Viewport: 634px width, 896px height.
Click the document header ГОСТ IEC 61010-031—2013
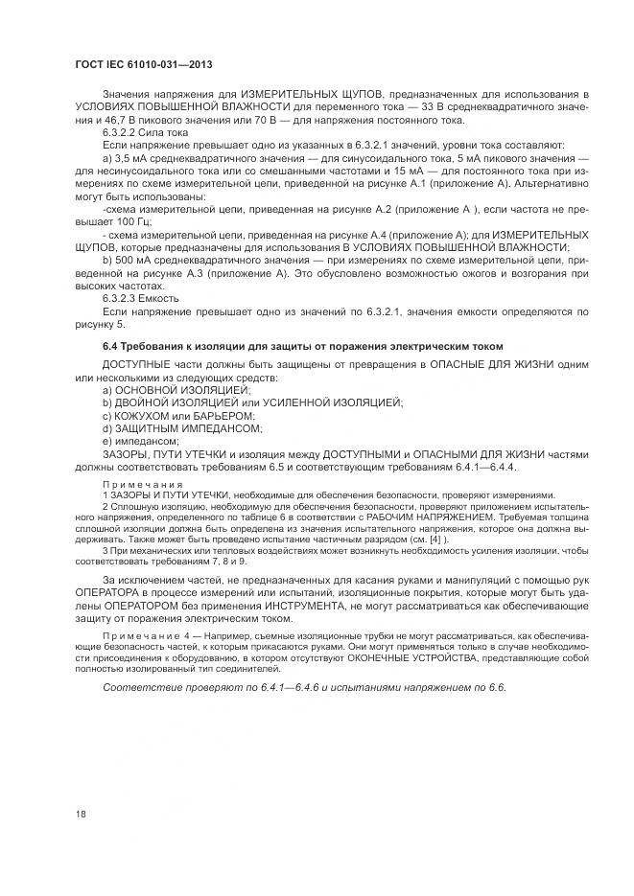coord(142,64)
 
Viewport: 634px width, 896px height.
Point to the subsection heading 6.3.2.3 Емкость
coord(137,299)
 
